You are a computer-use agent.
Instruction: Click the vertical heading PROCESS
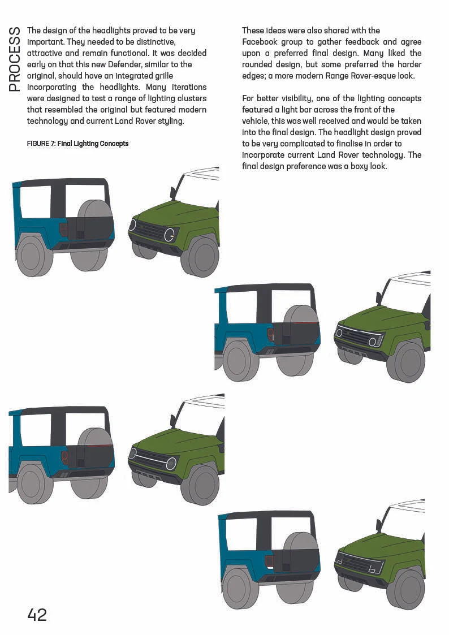coord(15,58)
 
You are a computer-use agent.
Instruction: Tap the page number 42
coord(37,615)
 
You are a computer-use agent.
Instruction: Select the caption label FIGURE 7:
coord(41,144)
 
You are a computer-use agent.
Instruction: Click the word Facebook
coord(258,42)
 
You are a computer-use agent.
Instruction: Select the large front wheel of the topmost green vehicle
coord(199,256)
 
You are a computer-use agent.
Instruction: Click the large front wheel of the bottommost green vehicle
coord(405,588)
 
